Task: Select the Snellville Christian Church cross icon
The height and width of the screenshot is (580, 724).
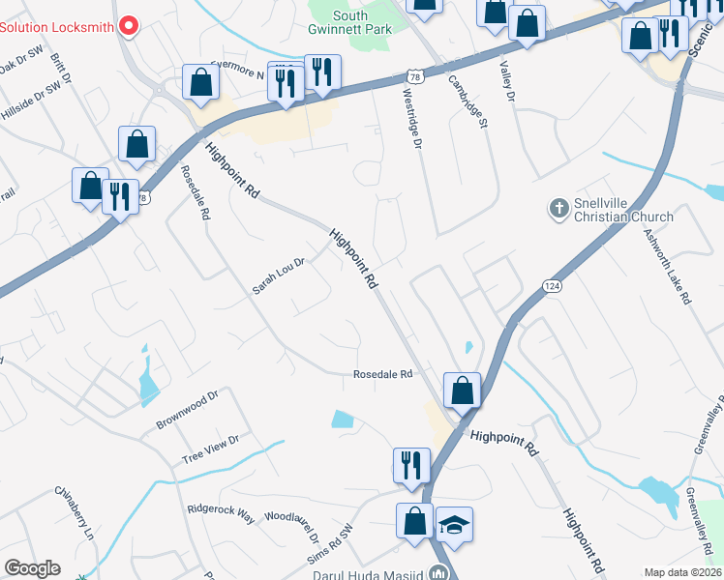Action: pos(558,207)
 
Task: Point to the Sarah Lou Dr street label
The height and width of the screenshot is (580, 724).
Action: pos(279,275)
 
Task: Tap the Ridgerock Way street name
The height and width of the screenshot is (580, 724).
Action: pos(222,512)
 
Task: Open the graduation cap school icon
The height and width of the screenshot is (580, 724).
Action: pos(454,526)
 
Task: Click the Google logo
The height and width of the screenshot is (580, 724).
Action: pos(32,568)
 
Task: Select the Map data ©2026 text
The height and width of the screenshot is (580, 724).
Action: pos(682,572)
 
